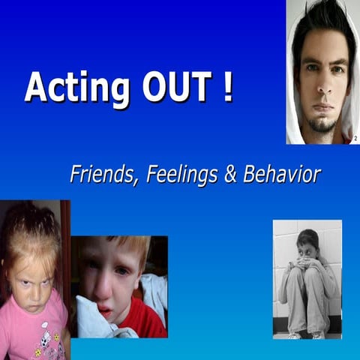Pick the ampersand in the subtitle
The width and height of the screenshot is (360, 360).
[232, 175]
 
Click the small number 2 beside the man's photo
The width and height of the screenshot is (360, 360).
[355, 138]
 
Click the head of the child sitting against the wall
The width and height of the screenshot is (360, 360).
[307, 244]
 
